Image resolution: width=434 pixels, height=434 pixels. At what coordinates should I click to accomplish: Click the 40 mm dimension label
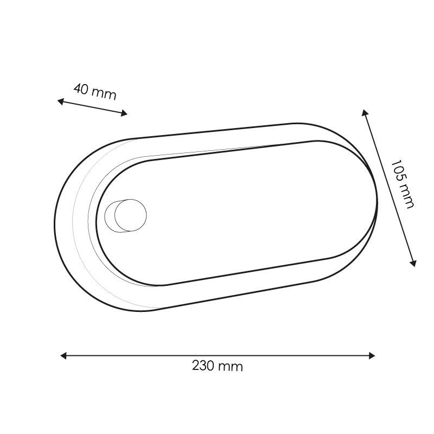click(x=95, y=92)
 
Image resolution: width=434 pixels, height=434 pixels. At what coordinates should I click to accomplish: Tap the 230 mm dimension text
click(x=218, y=366)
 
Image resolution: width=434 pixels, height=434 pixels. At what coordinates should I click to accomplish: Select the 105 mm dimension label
click(x=403, y=184)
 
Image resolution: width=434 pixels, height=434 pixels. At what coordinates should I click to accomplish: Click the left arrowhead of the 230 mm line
click(x=63, y=356)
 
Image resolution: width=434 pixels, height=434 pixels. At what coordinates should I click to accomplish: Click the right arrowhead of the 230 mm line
click(x=372, y=356)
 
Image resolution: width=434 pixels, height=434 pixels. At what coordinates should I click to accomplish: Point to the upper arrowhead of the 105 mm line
click(x=364, y=112)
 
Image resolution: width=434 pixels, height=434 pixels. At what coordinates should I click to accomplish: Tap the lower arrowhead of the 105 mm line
click(x=413, y=264)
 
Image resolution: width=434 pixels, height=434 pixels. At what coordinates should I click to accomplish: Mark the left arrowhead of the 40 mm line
click(x=60, y=101)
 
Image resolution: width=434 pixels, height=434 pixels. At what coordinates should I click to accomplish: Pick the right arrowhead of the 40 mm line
click(x=124, y=113)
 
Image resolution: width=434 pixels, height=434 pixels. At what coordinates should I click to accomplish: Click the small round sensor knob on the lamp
click(x=130, y=215)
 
